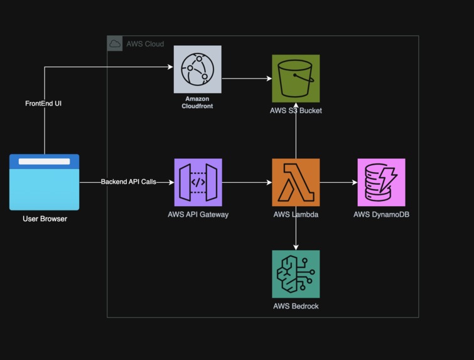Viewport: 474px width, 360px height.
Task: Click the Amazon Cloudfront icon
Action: coord(197,69)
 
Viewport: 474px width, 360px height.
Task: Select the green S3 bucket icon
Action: coord(296,79)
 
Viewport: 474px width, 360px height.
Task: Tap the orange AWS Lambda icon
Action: coord(296,182)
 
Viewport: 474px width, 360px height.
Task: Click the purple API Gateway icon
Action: coord(198,182)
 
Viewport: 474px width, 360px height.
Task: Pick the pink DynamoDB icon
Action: coord(381,182)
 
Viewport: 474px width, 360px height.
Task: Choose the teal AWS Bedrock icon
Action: coord(296,274)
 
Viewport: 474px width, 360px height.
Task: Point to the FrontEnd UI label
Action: coord(43,103)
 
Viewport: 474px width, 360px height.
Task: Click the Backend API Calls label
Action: coord(128,182)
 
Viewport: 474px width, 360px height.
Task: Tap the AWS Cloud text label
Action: coord(145,44)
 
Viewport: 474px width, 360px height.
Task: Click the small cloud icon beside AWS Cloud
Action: coord(115,44)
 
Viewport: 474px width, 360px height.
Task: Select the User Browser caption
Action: coord(45,219)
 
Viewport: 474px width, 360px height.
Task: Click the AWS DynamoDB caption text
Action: coord(381,214)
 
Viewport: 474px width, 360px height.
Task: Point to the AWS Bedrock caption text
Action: coord(296,307)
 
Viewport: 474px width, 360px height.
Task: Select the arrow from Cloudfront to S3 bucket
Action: coord(246,79)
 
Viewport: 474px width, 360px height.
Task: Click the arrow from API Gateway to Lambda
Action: coord(246,183)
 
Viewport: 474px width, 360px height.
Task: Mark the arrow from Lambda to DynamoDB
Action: coord(338,183)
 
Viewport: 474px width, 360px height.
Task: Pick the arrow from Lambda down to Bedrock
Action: coord(296,227)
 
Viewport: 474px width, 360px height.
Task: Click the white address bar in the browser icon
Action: coord(44,161)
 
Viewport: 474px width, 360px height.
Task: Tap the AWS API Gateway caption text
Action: coord(198,214)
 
